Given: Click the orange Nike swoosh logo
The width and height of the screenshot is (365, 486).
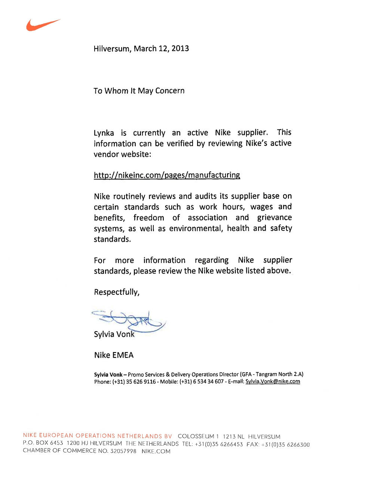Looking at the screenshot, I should coord(42,25).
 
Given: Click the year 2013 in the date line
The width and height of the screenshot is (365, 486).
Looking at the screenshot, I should coord(180,49).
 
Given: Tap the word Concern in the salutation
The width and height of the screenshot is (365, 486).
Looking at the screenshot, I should coord(170,91).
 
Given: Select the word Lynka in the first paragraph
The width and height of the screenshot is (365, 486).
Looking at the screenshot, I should coord(104,133).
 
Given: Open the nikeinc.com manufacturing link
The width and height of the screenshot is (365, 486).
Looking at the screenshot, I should coord(167,175).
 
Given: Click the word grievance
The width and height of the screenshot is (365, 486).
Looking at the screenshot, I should coord(274,218).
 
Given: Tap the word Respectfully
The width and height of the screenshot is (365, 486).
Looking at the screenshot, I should coord(117,292).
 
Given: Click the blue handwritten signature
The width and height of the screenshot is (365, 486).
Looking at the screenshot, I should coord(129,320).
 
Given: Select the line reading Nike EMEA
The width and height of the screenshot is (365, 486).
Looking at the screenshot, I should coord(114,355).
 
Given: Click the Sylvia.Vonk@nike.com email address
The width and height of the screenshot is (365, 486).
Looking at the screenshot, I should coord(273,382).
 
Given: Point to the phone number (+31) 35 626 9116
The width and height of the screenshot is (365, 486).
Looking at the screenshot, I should coord(134,382).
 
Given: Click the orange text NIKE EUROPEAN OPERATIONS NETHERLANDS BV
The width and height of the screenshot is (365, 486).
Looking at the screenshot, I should coord(97,436).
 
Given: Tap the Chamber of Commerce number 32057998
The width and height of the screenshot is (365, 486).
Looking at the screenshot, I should coord(123,451).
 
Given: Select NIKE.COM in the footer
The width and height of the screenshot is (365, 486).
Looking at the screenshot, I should coord(156,452).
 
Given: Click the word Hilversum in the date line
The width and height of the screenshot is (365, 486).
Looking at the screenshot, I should coord(111,49).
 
